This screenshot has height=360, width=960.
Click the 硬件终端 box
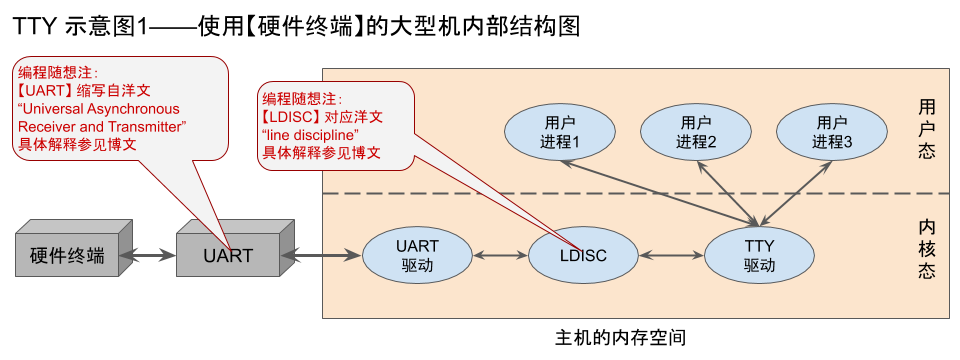[67, 256]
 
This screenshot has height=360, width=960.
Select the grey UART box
[227, 256]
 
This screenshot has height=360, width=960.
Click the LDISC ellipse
[580, 256]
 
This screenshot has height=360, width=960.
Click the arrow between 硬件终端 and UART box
[148, 256]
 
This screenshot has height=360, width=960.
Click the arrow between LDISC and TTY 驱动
[669, 256]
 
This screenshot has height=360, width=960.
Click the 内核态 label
[926, 249]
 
